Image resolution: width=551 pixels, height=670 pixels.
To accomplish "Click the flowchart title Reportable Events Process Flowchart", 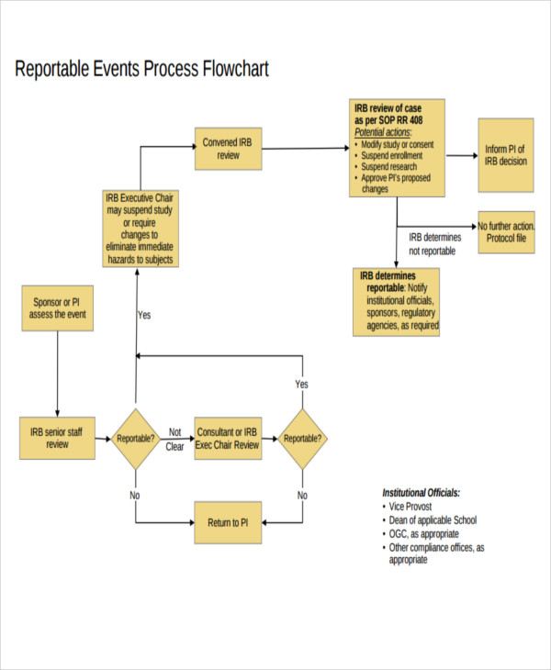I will [142, 70].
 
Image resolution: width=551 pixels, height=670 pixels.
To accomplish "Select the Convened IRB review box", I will [228, 149].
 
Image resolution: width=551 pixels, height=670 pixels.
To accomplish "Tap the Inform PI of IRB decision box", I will [506, 154].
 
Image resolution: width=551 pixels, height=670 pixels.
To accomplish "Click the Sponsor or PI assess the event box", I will [57, 307].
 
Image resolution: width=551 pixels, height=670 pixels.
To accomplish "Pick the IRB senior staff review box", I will [57, 438].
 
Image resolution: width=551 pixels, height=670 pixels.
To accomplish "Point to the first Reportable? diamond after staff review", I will [136, 439].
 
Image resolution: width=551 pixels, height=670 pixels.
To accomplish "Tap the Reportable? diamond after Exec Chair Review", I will [303, 439].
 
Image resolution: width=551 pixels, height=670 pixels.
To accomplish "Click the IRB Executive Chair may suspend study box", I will [140, 229].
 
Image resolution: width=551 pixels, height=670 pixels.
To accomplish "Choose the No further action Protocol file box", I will [508, 233].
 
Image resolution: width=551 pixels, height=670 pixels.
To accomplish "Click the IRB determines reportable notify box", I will [397, 300].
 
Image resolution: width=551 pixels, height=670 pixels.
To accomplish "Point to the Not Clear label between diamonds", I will [175, 439].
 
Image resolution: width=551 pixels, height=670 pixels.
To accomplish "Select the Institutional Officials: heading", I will [422, 493].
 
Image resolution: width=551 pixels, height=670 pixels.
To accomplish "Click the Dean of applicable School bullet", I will [433, 520].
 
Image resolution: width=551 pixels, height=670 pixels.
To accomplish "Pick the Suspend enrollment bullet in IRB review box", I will [389, 156].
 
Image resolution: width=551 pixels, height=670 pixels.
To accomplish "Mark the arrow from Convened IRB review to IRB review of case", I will [305, 147].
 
